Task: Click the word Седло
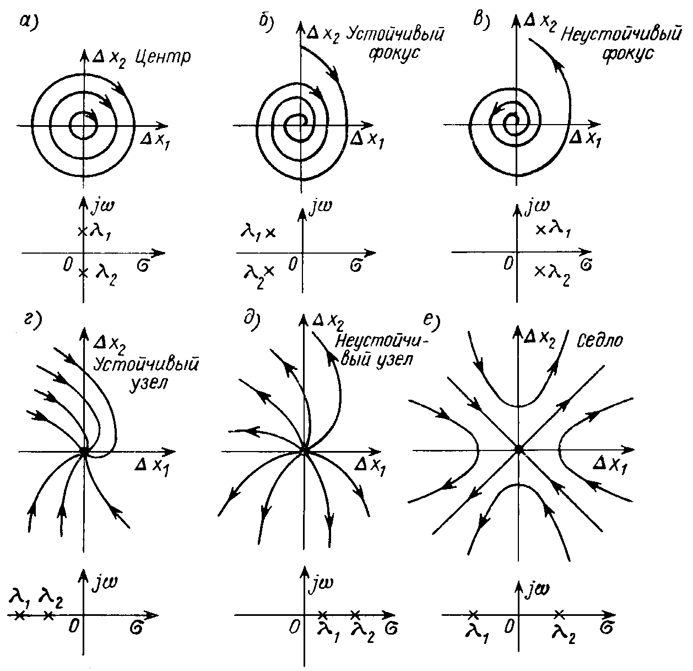[x=601, y=341]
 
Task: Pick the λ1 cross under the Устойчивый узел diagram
[x=19, y=615]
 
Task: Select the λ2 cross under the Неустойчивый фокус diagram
[x=540, y=270]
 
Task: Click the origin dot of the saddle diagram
[x=518, y=449]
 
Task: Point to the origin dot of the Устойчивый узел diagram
[x=84, y=451]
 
